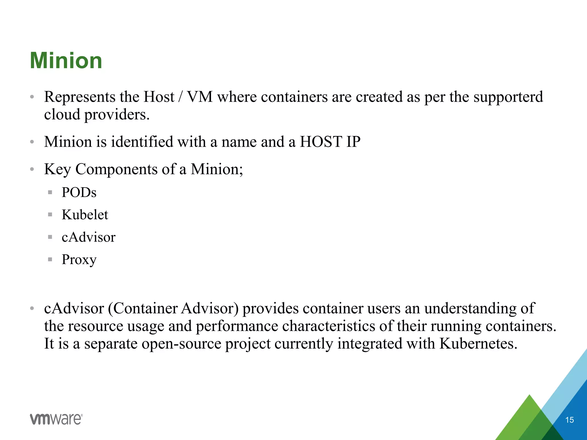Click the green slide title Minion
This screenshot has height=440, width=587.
(66, 61)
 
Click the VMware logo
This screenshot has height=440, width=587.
(56, 419)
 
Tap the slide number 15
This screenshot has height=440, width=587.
(569, 420)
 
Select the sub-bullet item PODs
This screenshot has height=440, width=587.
(79, 192)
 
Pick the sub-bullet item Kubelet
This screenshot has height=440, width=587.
(85, 215)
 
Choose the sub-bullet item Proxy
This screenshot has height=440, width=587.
(79, 260)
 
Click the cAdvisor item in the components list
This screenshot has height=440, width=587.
(88, 237)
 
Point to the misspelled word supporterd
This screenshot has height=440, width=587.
(508, 97)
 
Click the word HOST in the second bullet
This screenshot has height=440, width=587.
(321, 142)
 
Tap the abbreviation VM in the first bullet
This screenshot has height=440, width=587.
(200, 97)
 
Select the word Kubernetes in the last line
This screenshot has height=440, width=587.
(478, 343)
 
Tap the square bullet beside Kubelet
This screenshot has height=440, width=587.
(50, 215)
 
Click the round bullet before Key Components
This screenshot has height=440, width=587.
(32, 169)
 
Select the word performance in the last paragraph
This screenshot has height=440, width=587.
(237, 326)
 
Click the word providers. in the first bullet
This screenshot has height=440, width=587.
(117, 115)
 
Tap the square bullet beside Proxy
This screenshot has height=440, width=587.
(50, 260)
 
